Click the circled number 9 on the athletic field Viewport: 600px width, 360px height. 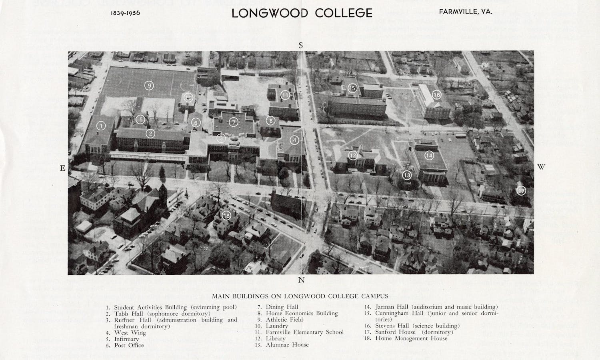(149, 85)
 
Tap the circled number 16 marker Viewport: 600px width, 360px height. (436, 95)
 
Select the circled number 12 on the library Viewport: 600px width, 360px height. (352, 155)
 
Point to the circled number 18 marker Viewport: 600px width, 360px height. (227, 216)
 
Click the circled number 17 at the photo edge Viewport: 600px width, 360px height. (521, 191)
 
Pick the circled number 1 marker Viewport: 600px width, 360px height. (101, 126)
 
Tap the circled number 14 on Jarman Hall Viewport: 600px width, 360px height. (429, 155)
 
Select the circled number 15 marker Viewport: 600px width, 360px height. (352, 88)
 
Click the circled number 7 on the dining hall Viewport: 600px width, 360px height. (234, 122)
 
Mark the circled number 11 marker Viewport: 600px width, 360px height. (285, 95)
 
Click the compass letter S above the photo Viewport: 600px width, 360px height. (301, 46)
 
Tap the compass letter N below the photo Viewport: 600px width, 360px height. (301, 280)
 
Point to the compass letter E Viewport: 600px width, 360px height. (63, 168)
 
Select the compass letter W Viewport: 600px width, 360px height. (541, 167)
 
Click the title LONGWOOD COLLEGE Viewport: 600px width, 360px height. (302, 13)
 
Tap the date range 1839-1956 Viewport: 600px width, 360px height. (125, 13)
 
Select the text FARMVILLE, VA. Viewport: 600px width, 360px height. (466, 12)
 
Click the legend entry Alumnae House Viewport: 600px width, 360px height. (287, 345)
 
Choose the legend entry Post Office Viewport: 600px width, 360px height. (129, 345)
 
